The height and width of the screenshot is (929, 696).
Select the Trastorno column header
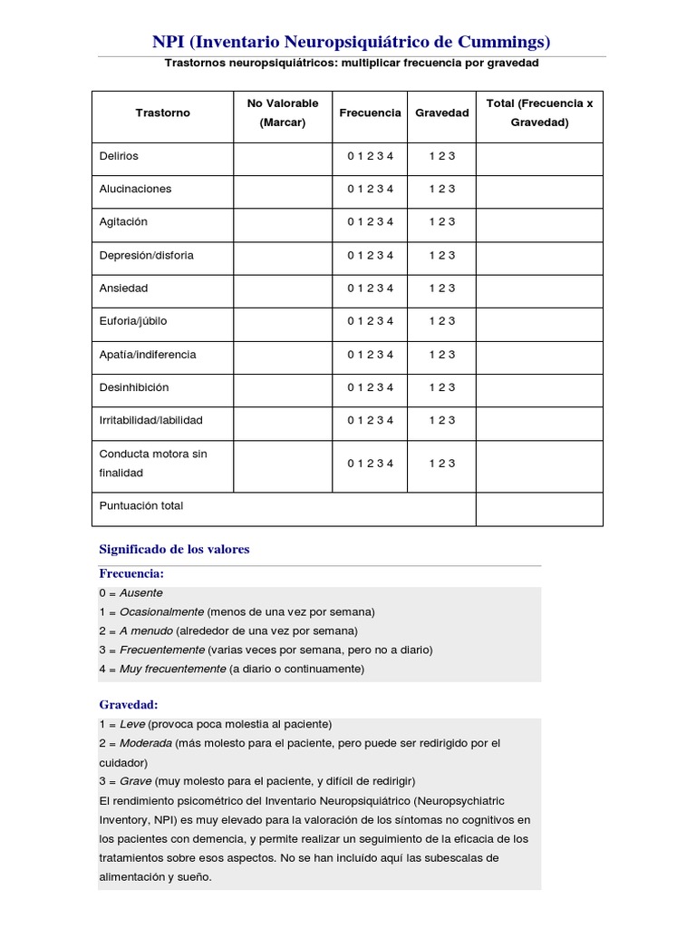(x=162, y=113)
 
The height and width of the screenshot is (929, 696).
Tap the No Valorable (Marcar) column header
(x=283, y=113)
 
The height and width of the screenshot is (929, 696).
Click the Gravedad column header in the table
(x=441, y=113)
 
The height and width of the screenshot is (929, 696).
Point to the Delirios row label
(x=119, y=156)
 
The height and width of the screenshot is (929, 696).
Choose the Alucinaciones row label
(x=135, y=189)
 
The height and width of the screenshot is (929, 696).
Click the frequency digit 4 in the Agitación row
(x=391, y=222)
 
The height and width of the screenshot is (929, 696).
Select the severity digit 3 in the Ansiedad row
(x=452, y=288)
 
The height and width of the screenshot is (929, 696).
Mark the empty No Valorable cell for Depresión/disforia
(x=283, y=256)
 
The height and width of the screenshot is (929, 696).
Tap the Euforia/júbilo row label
(x=133, y=321)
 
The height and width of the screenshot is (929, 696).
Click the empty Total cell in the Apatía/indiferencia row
(x=539, y=355)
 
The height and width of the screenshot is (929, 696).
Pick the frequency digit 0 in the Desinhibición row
(x=351, y=387)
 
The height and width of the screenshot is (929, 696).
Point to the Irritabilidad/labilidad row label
(x=150, y=420)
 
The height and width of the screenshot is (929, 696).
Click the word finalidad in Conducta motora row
(x=121, y=473)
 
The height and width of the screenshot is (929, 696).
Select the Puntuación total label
(x=141, y=505)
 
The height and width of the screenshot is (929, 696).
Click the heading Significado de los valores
(x=174, y=549)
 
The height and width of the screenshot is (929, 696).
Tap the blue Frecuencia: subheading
(x=131, y=574)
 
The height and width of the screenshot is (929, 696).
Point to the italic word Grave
(x=135, y=781)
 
